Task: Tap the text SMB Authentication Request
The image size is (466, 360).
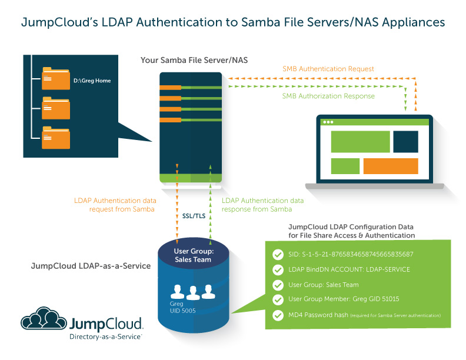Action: (x=328, y=69)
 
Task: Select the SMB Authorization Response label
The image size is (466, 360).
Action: (x=328, y=96)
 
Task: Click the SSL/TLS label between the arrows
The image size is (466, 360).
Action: (x=194, y=215)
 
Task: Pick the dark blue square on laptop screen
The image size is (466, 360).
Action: (x=405, y=142)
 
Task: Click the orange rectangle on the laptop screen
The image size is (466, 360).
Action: (x=390, y=166)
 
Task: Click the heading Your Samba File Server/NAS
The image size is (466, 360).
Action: (x=186, y=61)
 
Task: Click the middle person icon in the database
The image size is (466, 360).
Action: (x=194, y=292)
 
